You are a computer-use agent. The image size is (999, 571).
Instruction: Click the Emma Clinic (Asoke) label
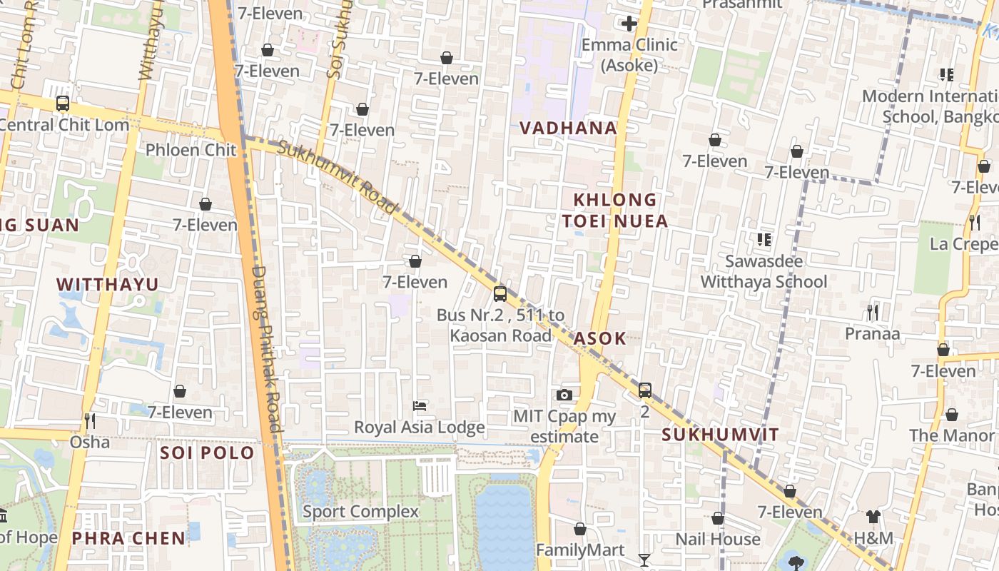coord(629,55)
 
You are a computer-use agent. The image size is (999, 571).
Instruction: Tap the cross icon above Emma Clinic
coord(629,24)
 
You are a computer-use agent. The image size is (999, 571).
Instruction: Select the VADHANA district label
coord(568,128)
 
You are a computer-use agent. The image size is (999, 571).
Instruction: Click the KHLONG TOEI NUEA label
coord(614,211)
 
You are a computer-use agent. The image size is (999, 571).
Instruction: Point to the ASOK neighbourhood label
coord(600,339)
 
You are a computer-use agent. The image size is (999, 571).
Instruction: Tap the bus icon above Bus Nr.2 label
coord(500,293)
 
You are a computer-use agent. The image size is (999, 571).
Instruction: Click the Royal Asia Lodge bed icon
coord(420,406)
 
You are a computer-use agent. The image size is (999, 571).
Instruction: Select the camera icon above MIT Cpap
coord(564,395)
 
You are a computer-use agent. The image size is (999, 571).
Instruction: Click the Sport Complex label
coord(360,512)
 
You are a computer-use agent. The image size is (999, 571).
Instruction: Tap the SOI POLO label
coord(207,453)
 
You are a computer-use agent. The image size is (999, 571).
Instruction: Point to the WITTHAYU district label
coord(108,285)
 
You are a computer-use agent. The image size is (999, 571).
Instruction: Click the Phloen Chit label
coord(191,150)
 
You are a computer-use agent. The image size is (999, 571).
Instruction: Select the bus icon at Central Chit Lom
coord(63,103)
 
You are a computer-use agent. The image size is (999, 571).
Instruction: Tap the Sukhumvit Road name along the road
coord(337,177)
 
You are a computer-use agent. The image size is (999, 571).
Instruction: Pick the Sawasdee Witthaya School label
coord(764,272)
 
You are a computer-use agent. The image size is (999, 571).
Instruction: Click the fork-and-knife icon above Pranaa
coord(872,312)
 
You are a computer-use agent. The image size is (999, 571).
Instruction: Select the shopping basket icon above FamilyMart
coord(580,529)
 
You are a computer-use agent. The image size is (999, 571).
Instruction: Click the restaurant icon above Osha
coord(90,420)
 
